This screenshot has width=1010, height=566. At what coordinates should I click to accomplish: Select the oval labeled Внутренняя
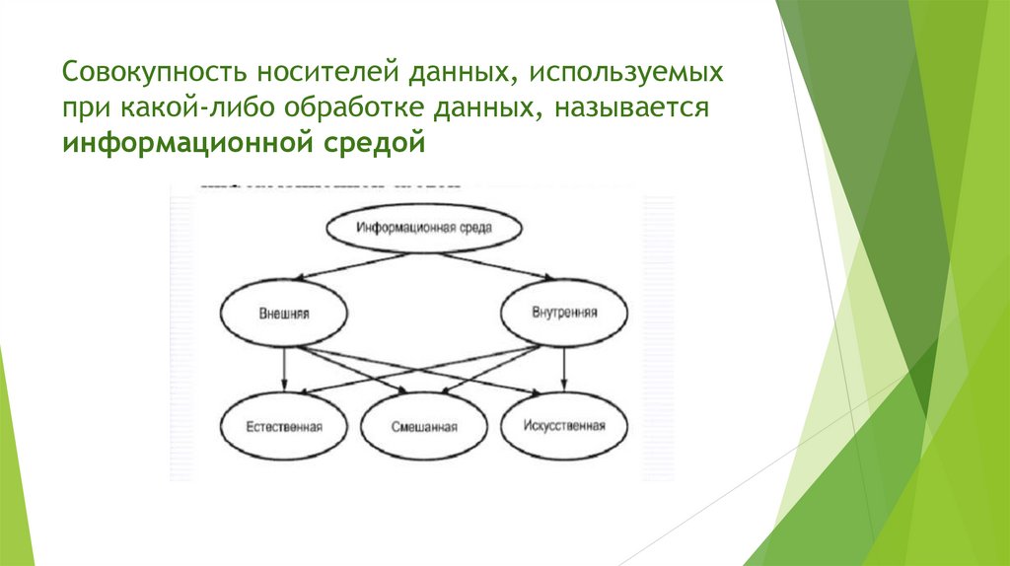(564, 315)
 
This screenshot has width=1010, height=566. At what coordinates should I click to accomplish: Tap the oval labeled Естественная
(285, 427)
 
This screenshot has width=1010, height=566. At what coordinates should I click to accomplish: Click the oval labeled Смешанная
(424, 428)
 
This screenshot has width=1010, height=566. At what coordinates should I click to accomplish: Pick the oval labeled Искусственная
(564, 426)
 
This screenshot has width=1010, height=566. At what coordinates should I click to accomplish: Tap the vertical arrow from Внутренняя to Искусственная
(564, 368)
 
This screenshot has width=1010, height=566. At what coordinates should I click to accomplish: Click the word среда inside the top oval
(474, 227)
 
